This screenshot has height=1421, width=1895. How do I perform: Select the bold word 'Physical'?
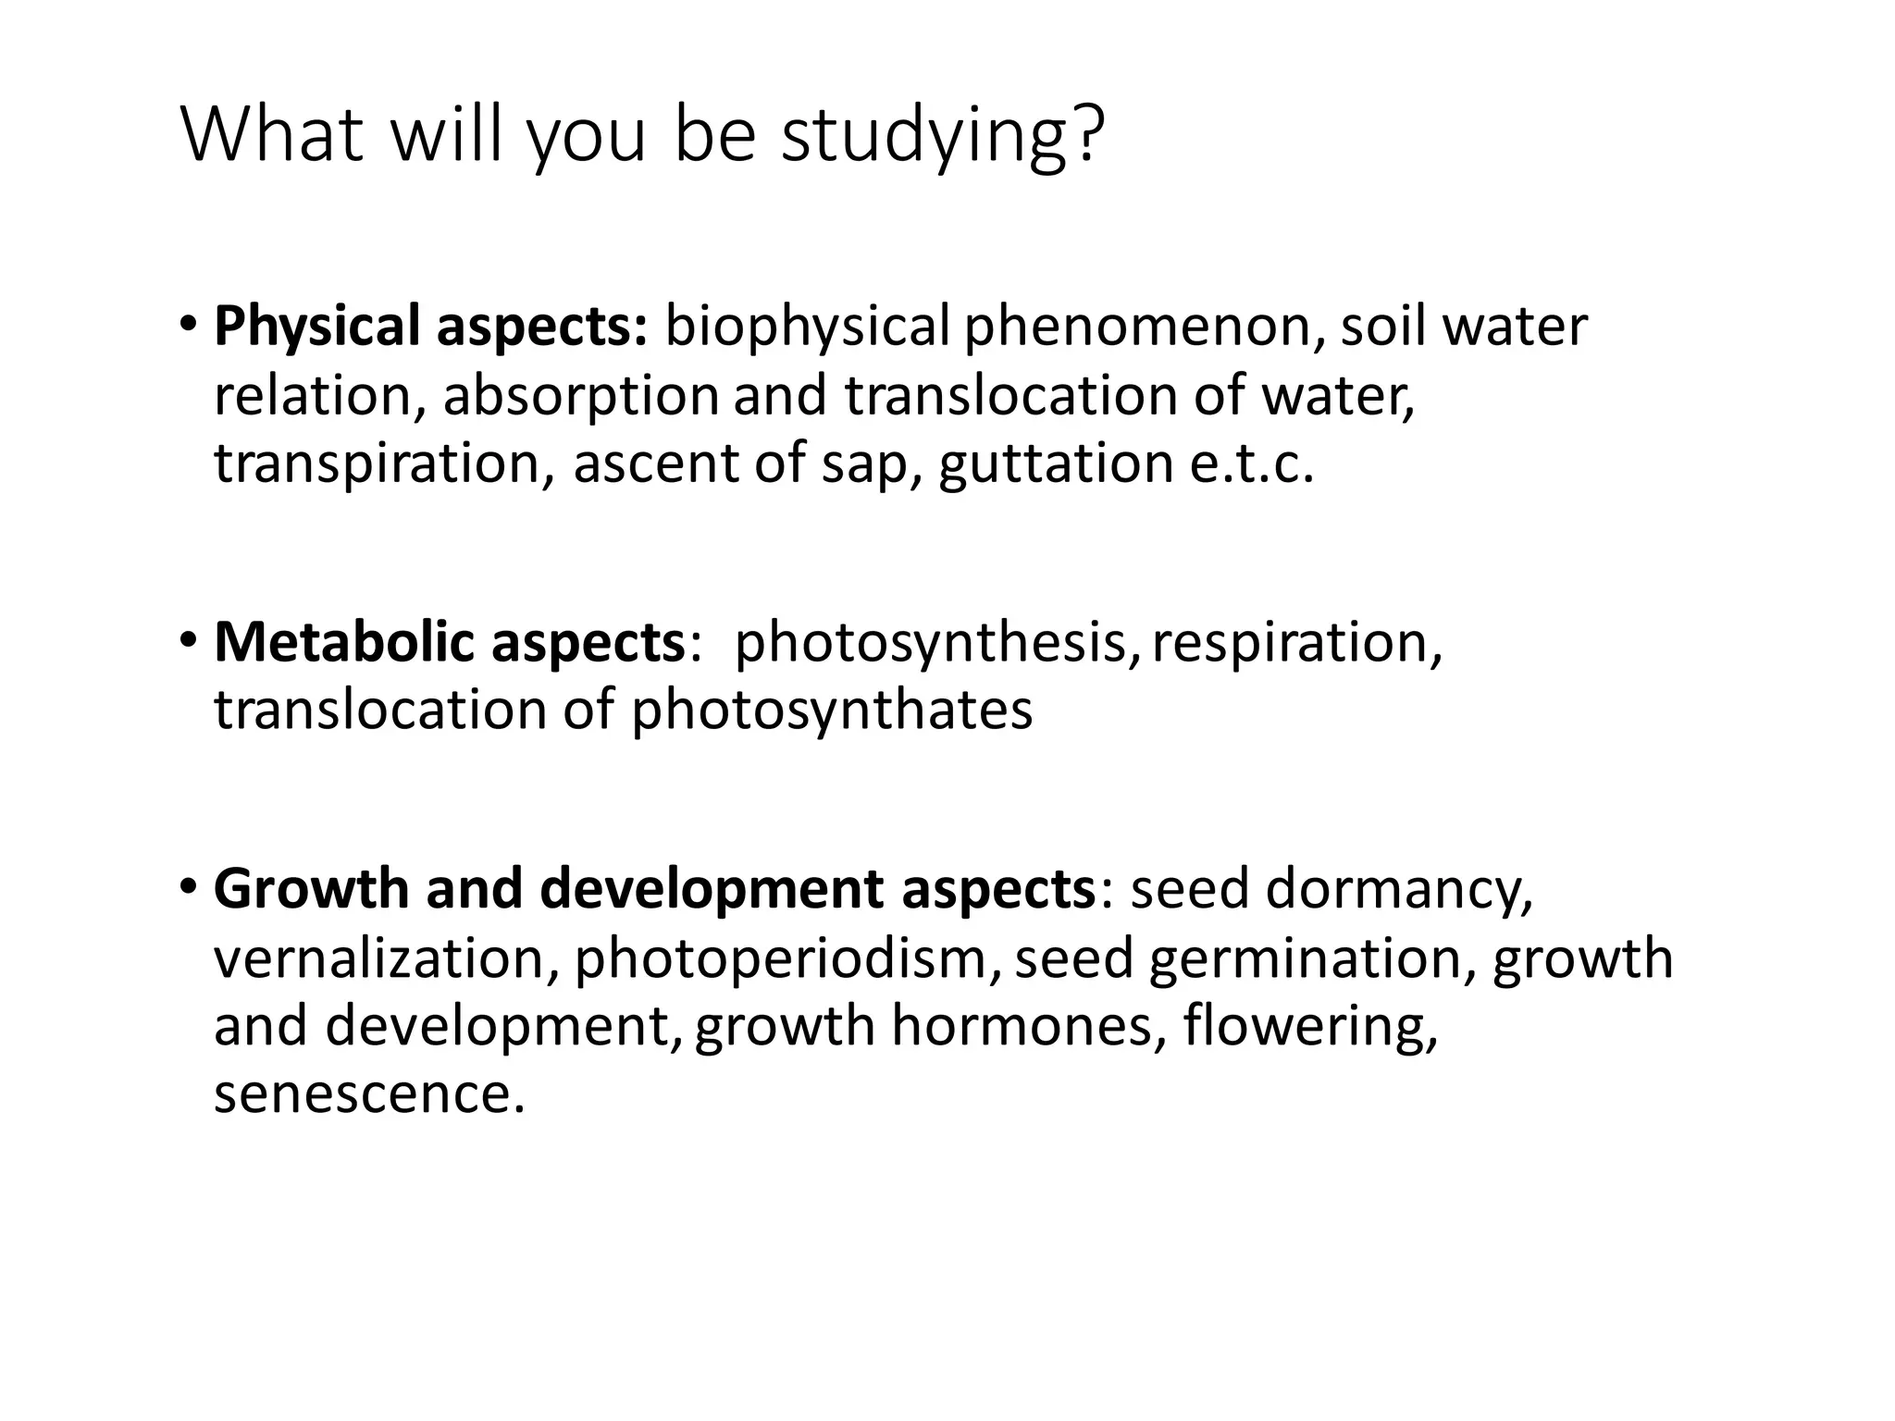point(317,328)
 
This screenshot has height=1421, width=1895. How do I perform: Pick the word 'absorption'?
point(580,396)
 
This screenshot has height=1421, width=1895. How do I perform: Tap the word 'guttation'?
point(1056,463)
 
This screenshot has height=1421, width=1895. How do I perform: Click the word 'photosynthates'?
point(832,710)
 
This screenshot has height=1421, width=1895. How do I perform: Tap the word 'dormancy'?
point(1398,889)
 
